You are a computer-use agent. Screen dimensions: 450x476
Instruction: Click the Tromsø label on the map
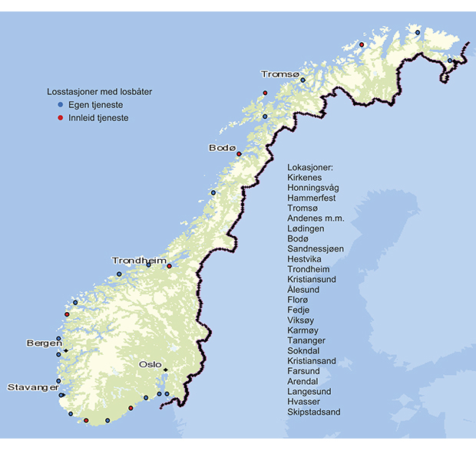click(277, 74)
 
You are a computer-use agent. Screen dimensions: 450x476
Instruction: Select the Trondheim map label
click(139, 261)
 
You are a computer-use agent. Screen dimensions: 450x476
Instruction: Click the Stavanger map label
click(32, 387)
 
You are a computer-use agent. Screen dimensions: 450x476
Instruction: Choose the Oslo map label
click(150, 365)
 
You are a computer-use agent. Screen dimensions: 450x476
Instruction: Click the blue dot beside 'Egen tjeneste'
click(60, 104)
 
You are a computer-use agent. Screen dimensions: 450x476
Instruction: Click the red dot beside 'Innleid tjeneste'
click(60, 118)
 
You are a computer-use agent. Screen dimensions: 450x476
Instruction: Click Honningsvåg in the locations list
click(312, 188)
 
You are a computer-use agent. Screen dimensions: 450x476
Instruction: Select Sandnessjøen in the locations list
click(315, 249)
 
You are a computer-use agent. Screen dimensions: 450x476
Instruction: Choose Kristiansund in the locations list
click(312, 280)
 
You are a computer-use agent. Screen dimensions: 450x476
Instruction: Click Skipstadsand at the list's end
click(313, 412)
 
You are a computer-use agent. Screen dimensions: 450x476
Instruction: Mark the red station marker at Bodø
click(239, 154)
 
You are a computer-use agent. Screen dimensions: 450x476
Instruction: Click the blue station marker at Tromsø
click(302, 80)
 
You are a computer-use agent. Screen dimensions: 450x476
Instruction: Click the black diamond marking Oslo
click(165, 371)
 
